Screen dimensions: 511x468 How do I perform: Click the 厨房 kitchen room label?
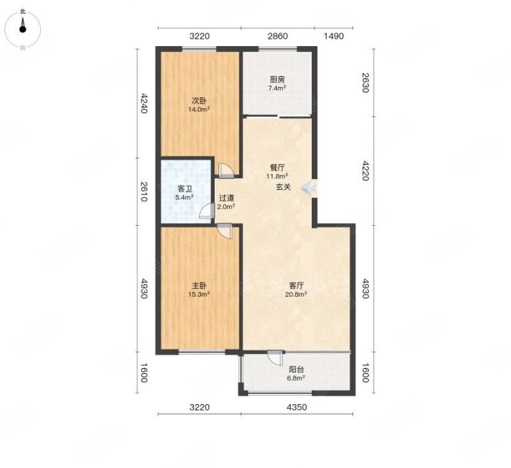(277, 79)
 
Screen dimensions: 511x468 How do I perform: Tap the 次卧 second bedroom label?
(199, 101)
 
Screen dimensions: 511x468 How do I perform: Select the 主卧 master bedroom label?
(199, 286)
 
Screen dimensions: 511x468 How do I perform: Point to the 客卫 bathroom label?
(185, 189)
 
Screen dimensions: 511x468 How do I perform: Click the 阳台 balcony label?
(296, 370)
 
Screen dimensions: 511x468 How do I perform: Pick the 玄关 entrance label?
(284, 187)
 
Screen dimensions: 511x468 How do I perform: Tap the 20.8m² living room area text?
(296, 295)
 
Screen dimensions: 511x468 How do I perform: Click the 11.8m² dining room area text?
(277, 176)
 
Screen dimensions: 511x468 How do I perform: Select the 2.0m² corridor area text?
(226, 207)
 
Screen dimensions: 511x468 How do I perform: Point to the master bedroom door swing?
(225, 231)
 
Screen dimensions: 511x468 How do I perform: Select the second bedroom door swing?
(226, 170)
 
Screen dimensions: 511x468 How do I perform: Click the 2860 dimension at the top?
(278, 36)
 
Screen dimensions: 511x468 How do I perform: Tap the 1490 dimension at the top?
(333, 36)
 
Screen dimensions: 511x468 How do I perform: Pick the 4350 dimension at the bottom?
(296, 407)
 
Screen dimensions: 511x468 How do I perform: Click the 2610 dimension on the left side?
(144, 192)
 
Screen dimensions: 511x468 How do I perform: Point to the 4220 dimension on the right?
(365, 171)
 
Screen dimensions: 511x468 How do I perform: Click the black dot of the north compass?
(22, 29)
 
